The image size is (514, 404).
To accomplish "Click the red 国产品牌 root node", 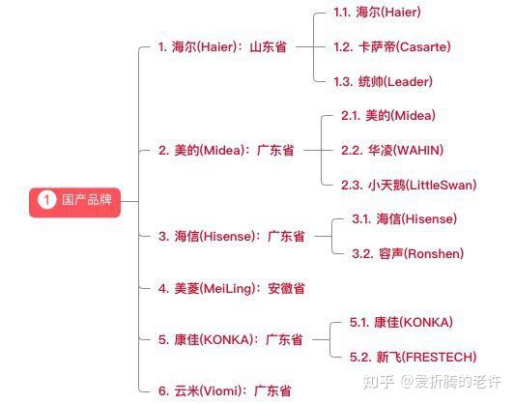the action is coord(74,202).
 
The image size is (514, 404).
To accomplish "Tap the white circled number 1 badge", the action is coord(46,200).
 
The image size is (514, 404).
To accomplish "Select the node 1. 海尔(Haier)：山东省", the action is coord(222,46).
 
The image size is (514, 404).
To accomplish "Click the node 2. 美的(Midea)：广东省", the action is coord(226,151).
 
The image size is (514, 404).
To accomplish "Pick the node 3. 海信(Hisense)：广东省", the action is coord(232,236).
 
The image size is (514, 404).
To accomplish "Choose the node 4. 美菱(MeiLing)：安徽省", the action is coord(232,289).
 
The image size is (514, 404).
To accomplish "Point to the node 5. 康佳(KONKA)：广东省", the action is coord(231,339).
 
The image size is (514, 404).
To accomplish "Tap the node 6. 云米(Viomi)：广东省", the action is coord(224,390).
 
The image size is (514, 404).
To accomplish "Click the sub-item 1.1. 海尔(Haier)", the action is coord(377,13).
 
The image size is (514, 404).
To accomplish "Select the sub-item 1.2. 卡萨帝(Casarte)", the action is coord(392,46).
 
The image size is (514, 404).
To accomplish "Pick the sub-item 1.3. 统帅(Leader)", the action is coord(383,81).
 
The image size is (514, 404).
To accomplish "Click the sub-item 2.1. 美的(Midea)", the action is coord(388,115).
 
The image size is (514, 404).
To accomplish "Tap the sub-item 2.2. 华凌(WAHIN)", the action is coord(392,150).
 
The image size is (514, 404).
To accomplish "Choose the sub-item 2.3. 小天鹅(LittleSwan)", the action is coord(409,185).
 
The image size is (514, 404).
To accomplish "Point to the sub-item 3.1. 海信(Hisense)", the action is coord(404,218).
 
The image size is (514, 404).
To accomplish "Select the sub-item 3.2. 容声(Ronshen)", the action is coord(408,253).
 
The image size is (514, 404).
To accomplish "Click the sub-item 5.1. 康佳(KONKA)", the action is coord(401,322).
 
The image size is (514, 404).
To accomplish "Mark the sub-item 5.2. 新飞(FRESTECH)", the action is coord(414,357).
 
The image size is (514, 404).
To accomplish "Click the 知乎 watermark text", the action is coord(379,382).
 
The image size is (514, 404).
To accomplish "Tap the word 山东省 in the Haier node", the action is coord(269,46).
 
